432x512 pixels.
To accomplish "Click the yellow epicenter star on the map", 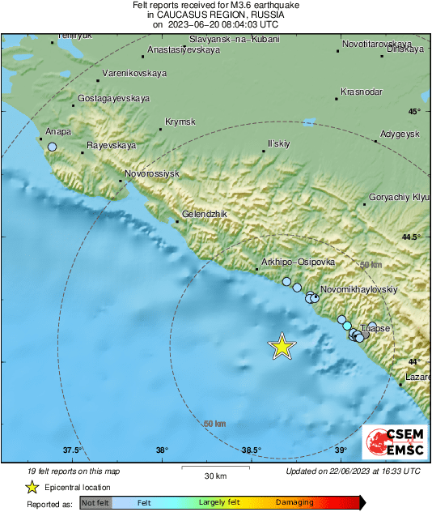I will [x=282, y=346].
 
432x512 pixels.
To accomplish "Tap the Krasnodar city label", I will [x=362, y=92].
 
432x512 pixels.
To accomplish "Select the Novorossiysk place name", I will [x=155, y=174].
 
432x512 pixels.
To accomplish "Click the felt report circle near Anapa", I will [x=53, y=147].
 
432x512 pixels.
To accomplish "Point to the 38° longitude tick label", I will [x=162, y=450].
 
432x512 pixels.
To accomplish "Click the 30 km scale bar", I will [x=214, y=467].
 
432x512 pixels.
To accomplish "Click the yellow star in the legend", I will [x=32, y=488].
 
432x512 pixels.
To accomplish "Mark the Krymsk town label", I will [x=180, y=122].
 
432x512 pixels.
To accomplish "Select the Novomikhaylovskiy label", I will [x=359, y=288].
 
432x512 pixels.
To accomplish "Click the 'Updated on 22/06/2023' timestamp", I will [x=353, y=471].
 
